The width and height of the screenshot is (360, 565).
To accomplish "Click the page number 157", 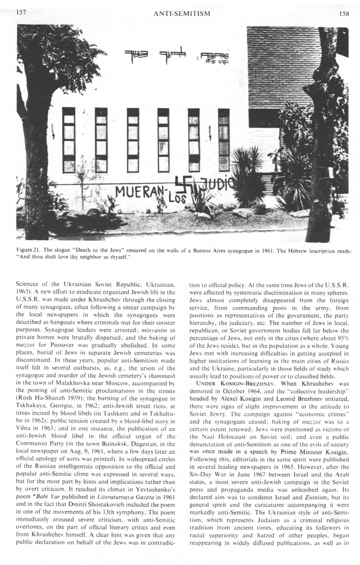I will pos(22,13).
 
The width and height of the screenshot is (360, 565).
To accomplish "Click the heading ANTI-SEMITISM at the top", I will pos(182,14).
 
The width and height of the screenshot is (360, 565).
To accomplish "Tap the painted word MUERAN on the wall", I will pos(137,192).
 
